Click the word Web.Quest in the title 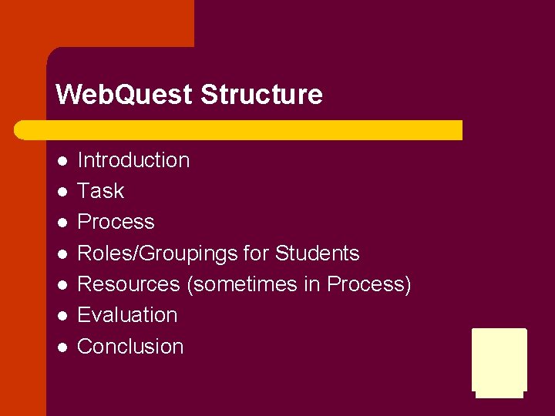tap(124, 95)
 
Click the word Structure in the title tap(261, 95)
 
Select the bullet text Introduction tap(133, 160)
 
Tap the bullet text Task tap(101, 191)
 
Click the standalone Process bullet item tap(116, 222)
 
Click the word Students tap(317, 253)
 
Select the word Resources tap(129, 284)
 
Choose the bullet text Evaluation tap(127, 315)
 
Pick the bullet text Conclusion tap(130, 347)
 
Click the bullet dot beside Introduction tap(62, 161)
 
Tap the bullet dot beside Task tap(62, 192)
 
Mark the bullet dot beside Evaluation tap(62, 316)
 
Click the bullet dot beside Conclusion tap(62, 347)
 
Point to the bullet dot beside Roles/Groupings tap(62, 254)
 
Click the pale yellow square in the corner tap(499, 361)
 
